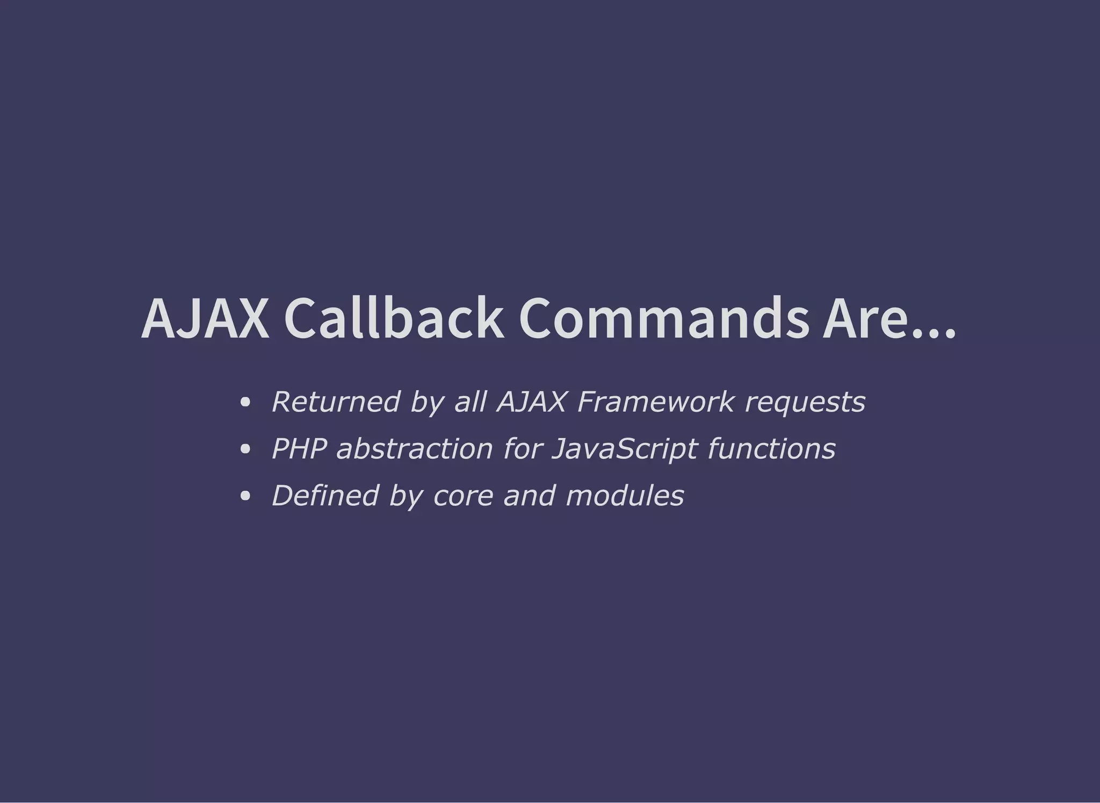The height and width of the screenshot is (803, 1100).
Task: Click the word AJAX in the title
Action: (205, 319)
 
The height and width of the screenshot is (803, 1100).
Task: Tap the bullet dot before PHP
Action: (245, 449)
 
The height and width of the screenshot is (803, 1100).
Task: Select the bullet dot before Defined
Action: (245, 496)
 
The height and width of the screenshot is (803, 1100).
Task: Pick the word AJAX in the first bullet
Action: (531, 401)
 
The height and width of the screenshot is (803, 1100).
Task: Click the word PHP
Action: (299, 449)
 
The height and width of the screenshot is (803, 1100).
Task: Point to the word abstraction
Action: (414, 449)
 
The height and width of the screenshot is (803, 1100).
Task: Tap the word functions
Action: (772, 449)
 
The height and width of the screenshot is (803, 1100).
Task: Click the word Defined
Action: (325, 496)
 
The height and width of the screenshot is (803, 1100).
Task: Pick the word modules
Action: (625, 496)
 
